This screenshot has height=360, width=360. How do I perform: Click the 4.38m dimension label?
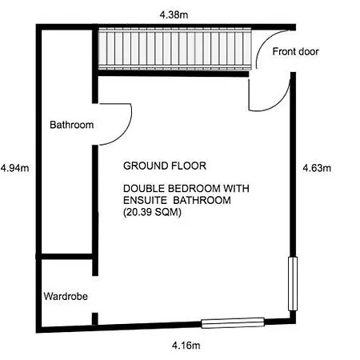pyautogui.click(x=174, y=14)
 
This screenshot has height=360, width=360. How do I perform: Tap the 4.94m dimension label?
pyautogui.click(x=15, y=168)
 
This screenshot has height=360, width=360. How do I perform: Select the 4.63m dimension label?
pyautogui.click(x=317, y=168)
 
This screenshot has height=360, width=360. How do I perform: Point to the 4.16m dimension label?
pyautogui.click(x=186, y=346)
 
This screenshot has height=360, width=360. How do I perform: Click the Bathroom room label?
pyautogui.click(x=71, y=125)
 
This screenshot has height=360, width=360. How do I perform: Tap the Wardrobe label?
pyautogui.click(x=66, y=296)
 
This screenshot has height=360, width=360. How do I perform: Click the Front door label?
pyautogui.click(x=295, y=51)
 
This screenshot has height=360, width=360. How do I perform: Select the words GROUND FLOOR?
pyautogui.click(x=165, y=166)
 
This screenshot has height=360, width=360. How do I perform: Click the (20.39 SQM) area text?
pyautogui.click(x=152, y=212)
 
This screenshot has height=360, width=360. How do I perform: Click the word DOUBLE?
pyautogui.click(x=144, y=189)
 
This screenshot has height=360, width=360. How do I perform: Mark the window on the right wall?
pyautogui.click(x=293, y=284)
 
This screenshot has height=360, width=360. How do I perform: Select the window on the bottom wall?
pyautogui.click(x=233, y=322)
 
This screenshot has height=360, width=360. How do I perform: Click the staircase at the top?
pyautogui.click(x=175, y=50)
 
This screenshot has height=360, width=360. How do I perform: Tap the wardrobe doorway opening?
pyautogui.click(x=95, y=294)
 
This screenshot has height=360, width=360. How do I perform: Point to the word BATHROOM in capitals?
pyautogui.click(x=202, y=200)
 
